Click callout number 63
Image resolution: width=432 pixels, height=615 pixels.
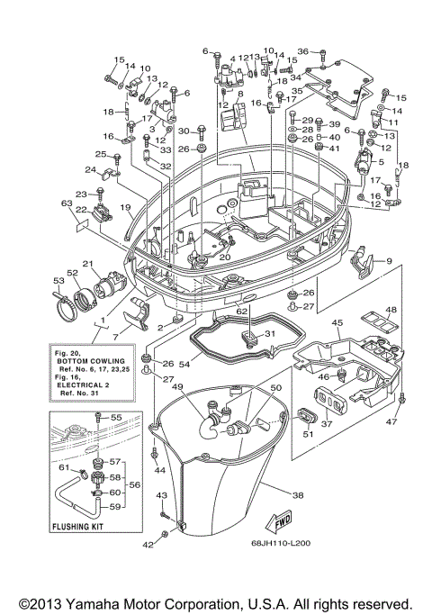point(66,203)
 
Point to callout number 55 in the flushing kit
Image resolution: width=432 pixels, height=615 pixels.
point(115,419)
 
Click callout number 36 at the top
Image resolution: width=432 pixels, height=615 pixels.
point(302,51)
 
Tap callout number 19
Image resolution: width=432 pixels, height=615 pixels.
point(127,207)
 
